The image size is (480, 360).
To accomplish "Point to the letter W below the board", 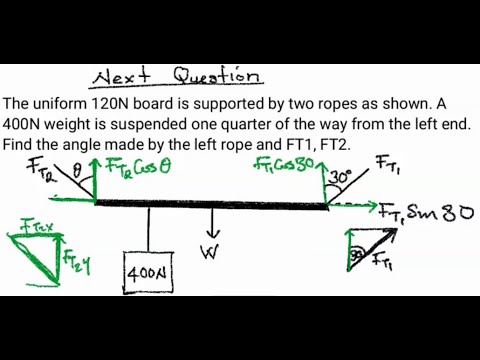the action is (210, 251).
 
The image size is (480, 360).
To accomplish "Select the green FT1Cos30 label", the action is (286, 167).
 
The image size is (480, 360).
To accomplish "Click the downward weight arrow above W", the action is (210, 222).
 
